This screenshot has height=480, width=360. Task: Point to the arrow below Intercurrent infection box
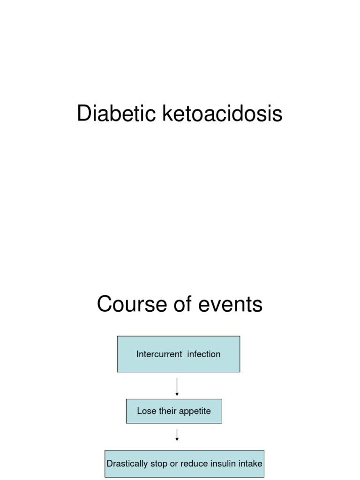coord(177,387)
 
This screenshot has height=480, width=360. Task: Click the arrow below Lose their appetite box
coord(177,435)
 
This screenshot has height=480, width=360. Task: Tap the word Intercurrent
coord(159,354)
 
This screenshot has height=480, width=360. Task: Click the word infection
coord(204,354)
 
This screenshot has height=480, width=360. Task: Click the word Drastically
coord(127,464)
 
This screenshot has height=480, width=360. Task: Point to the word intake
coord(251,464)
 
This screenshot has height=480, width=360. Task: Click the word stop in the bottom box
coord(157,464)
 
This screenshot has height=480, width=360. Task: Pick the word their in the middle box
coord(168,411)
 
